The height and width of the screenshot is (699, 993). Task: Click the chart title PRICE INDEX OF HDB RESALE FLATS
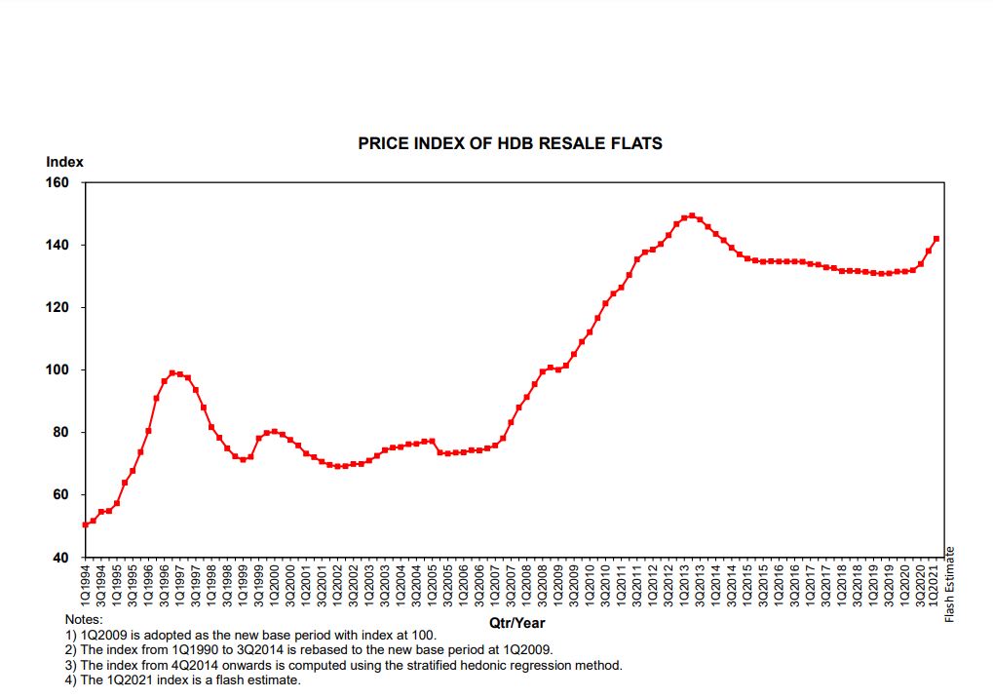point(510,143)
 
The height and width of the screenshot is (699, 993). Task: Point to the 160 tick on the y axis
point(58,182)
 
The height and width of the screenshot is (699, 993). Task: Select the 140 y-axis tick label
point(58,245)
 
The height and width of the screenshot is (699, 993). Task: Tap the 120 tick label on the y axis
point(58,307)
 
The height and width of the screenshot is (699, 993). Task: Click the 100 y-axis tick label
point(58,369)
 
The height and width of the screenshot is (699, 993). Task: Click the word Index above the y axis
point(65,162)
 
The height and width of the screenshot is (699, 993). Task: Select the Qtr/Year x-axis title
point(516,623)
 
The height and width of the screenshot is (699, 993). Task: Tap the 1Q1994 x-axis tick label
point(86,584)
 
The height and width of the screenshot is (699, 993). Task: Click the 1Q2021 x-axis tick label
point(936,584)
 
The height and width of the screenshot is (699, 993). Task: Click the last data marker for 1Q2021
point(936,238)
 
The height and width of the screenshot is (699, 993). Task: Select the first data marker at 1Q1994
point(86,524)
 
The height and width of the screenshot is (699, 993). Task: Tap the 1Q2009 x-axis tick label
point(557,584)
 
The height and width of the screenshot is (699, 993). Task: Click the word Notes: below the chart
point(83,619)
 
